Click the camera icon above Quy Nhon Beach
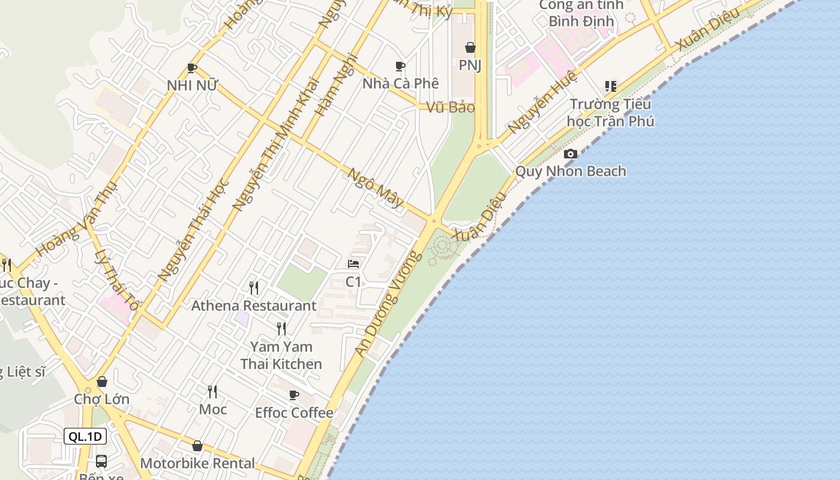(571, 154)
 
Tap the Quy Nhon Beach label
(571, 172)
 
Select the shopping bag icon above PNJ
(470, 47)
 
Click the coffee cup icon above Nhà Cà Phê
(400, 66)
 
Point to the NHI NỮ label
(191, 86)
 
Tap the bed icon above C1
(353, 264)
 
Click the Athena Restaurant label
(253, 305)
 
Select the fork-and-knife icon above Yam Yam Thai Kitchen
(281, 328)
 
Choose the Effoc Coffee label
(294, 413)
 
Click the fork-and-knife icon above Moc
(212, 392)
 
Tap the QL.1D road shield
(85, 436)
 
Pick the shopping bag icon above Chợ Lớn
(102, 382)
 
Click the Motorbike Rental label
(197, 463)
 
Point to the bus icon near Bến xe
(101, 461)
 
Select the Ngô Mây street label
(376, 187)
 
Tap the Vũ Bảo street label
(451, 107)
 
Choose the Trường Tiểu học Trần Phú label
(611, 112)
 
